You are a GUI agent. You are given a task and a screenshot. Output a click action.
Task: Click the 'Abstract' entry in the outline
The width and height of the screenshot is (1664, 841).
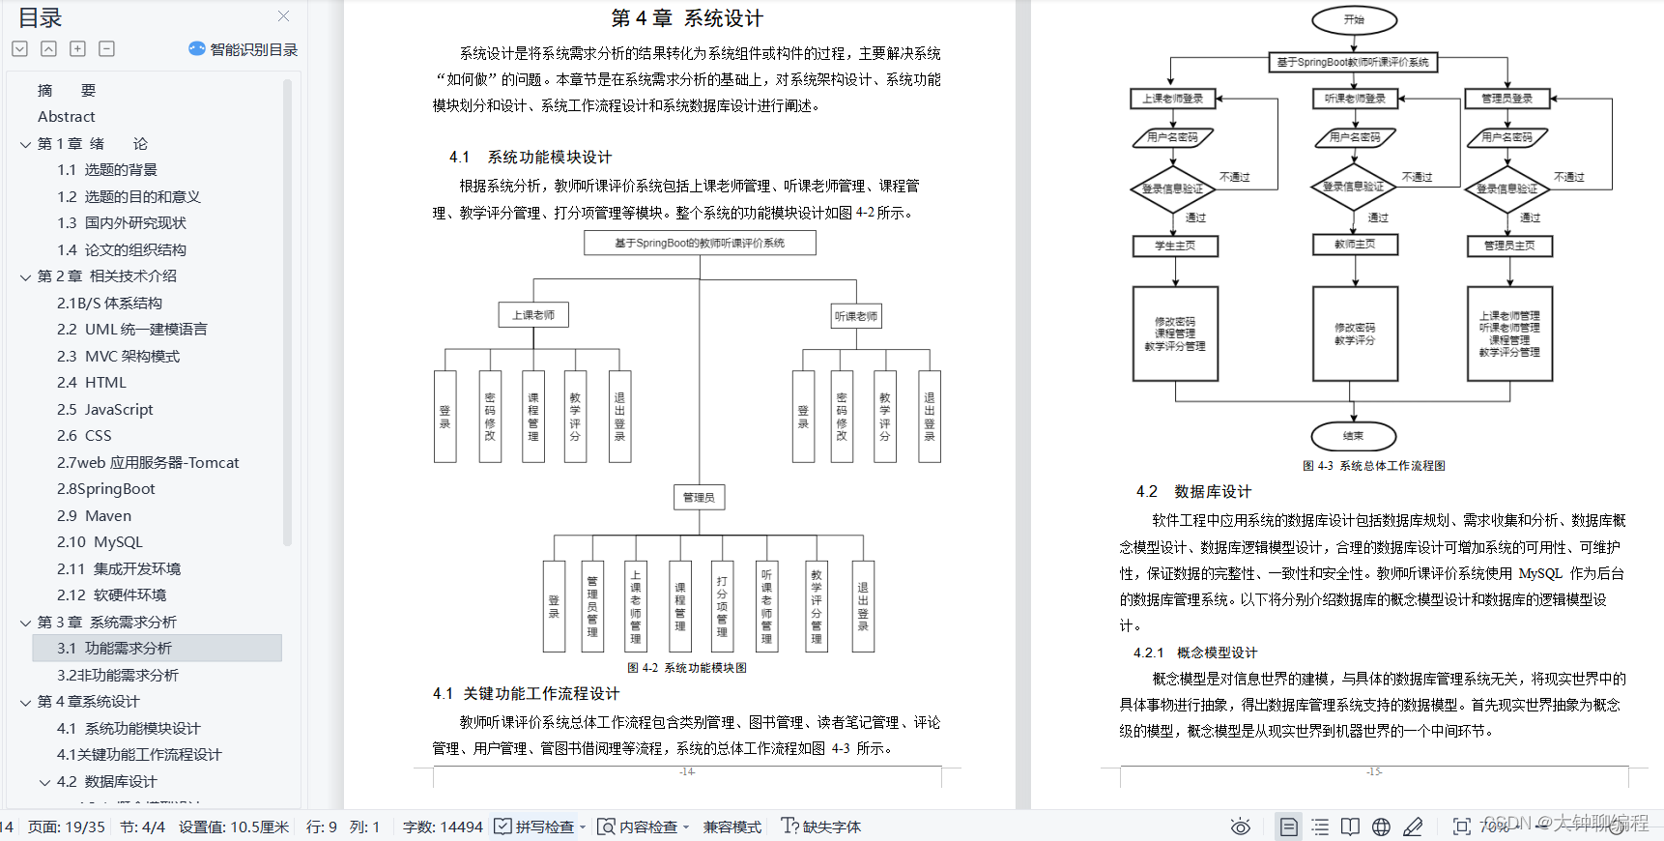[66, 117]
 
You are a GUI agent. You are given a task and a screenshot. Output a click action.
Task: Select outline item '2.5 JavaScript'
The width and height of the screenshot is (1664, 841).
[104, 410]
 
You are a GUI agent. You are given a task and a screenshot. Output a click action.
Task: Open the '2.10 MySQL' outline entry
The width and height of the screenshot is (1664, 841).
[99, 542]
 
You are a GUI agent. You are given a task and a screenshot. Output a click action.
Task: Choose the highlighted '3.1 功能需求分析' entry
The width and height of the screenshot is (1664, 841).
[114, 649]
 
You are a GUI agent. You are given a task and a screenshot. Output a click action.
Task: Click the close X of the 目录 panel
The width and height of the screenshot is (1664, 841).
[283, 16]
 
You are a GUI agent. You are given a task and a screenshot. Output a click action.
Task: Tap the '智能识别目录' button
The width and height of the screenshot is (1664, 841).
[243, 49]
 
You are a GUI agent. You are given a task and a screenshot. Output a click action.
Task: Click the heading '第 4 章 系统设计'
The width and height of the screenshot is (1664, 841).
[687, 18]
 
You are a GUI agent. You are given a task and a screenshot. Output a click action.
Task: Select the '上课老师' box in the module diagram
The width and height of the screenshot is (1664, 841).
[533, 315]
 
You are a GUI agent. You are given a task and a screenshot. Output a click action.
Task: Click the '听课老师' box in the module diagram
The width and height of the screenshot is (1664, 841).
[856, 316]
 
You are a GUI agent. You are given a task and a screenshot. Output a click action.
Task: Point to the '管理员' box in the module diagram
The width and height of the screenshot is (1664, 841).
[699, 497]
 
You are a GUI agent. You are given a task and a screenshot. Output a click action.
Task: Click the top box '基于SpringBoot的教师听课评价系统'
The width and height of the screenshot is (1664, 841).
[700, 243]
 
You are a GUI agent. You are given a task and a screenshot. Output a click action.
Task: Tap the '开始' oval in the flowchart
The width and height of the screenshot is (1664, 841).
[1354, 19]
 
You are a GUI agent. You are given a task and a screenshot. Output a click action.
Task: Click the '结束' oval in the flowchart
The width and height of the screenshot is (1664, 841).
[1353, 436]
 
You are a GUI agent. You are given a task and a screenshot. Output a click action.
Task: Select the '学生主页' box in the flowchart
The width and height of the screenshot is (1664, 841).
[1175, 246]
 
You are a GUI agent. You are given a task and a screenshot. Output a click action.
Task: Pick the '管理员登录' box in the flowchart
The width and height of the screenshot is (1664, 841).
[1507, 98]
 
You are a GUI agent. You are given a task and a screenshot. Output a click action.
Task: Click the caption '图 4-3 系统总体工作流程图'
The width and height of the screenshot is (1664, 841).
[1373, 466]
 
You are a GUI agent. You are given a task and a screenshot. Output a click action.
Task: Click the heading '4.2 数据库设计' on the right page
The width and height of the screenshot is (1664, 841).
[1193, 492]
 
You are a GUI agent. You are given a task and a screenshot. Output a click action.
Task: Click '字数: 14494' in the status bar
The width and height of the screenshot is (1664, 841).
[443, 826]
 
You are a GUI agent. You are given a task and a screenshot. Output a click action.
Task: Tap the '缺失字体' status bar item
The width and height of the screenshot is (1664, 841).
[821, 826]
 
